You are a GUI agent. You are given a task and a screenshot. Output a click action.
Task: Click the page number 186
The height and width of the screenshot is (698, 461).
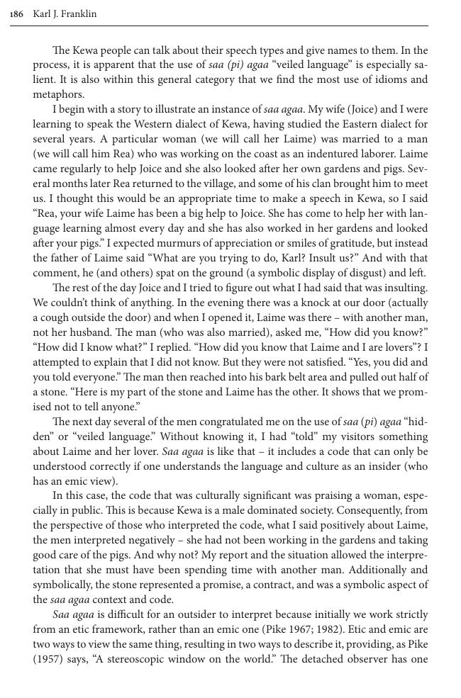[17, 14]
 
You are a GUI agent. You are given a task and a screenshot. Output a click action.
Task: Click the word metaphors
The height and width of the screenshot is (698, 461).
[59, 94]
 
